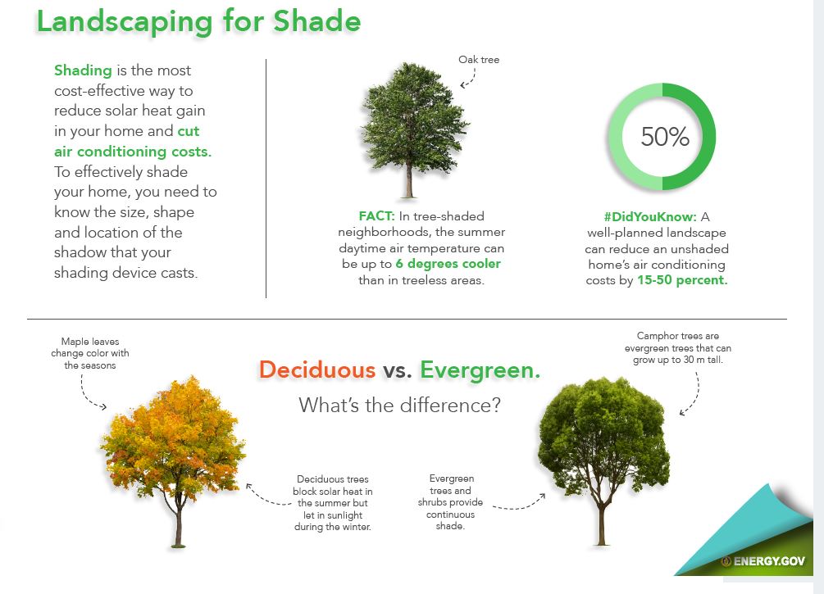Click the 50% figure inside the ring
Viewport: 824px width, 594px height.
coord(664,137)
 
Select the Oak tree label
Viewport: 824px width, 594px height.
coord(479,60)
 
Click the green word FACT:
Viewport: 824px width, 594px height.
coord(376,216)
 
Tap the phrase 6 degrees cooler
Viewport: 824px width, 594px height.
coord(448,264)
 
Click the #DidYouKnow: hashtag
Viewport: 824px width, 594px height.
coord(649,217)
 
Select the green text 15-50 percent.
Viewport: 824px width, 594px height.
coord(682,279)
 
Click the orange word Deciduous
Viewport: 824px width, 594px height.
coord(316,370)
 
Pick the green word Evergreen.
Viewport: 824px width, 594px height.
coord(480,370)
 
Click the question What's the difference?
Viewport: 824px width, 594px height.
coord(399,405)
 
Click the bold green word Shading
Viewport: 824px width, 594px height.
coord(83,70)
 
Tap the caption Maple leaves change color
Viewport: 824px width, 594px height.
coord(96,353)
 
